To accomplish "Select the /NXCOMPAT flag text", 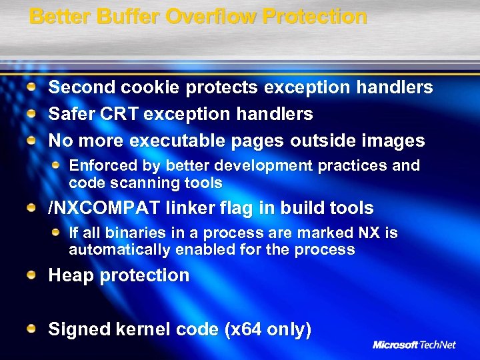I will (104, 208).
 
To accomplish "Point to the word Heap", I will (71, 275).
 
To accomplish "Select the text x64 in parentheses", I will (248, 329).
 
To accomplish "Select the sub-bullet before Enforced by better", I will (57, 165).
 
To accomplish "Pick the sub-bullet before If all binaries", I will (57, 233).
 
